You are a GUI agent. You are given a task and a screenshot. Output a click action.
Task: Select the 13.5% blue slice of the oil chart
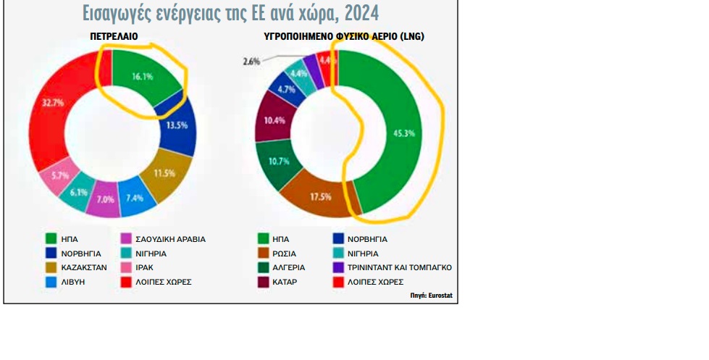click(x=177, y=125)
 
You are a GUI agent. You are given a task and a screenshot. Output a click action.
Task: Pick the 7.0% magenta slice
click(x=106, y=200)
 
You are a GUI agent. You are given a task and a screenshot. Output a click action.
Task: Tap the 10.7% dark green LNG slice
click(x=277, y=161)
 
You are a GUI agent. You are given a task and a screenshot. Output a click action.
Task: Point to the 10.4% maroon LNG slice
click(x=274, y=120)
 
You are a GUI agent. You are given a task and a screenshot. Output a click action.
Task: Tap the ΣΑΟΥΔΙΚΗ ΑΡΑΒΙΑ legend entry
click(x=170, y=239)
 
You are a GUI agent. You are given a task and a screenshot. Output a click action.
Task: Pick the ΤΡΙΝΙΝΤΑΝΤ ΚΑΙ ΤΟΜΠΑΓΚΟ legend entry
click(x=402, y=267)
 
